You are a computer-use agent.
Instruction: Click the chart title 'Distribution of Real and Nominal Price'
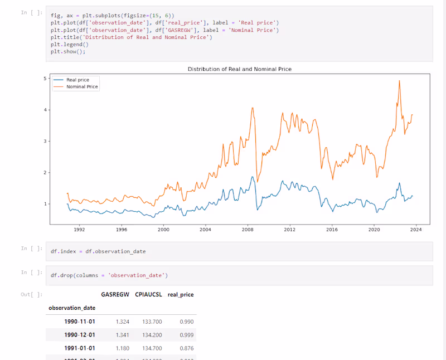(x=240, y=69)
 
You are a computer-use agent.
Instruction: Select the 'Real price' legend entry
(x=77, y=80)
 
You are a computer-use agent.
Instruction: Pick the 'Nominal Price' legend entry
(x=82, y=87)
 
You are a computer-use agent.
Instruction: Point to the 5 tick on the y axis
(x=45, y=79)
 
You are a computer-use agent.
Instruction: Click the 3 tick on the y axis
(x=45, y=142)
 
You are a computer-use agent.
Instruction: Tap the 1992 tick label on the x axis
(x=79, y=229)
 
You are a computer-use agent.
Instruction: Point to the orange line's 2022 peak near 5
(x=400, y=81)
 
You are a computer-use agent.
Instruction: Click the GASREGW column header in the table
(x=115, y=294)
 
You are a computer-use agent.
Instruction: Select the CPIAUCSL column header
(x=148, y=294)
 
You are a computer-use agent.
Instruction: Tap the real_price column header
(x=181, y=294)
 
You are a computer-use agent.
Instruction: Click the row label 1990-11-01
(x=79, y=322)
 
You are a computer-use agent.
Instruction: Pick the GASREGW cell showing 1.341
(x=123, y=335)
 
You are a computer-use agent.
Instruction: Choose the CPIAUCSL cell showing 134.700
(x=153, y=348)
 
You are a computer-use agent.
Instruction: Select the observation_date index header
(x=72, y=308)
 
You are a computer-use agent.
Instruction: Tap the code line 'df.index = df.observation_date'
(x=98, y=251)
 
